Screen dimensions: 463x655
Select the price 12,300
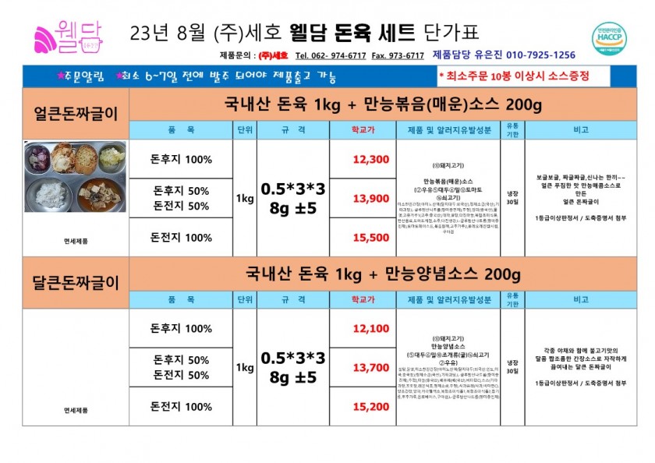pos(371,159)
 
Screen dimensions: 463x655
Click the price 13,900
pos(371,199)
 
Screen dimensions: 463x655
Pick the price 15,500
pos(371,238)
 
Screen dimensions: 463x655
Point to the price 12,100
pos(371,329)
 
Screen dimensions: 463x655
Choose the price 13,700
pos(371,368)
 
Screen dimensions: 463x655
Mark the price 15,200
pos(371,407)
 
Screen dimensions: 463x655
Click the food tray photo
pos(76,177)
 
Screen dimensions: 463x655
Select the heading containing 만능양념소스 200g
pos(382,274)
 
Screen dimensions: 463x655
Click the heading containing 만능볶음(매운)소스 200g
pos(382,104)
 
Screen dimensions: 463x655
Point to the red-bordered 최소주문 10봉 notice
pos(512,76)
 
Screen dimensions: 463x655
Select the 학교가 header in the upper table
pos(363,129)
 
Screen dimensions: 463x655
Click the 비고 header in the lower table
pos(580,299)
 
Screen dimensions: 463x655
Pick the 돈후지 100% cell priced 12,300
pos(181,159)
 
